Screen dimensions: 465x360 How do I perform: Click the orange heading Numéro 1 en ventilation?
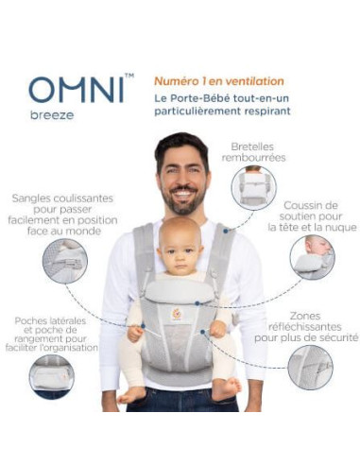point(218,81)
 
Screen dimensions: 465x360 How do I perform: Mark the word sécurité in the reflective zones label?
point(333,336)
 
